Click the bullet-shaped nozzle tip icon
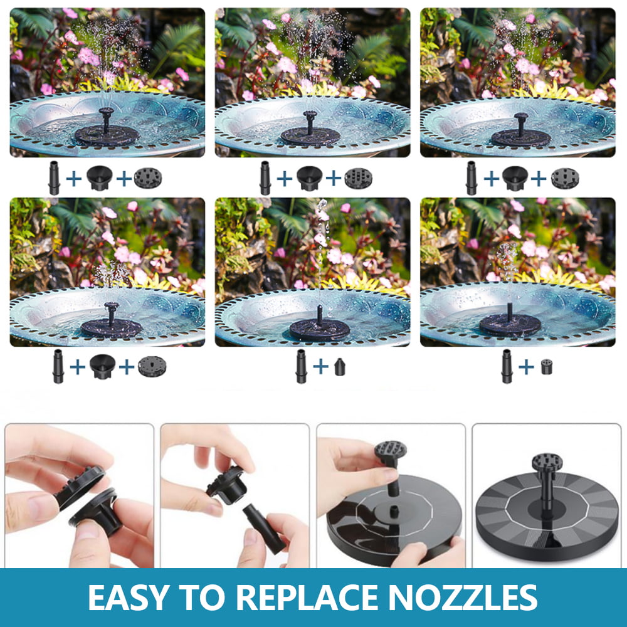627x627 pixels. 340,366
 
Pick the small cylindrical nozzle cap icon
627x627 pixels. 546,366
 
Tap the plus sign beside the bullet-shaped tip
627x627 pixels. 320,366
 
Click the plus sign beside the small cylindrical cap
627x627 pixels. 527,366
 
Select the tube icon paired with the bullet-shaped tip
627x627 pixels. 301,367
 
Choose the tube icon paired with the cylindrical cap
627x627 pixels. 506,367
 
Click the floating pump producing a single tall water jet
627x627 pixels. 319,326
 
